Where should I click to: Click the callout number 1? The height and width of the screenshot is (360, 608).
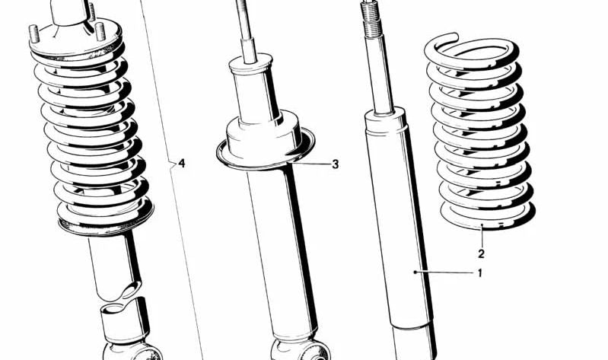(x=480, y=273)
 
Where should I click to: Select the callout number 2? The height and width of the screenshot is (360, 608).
(x=481, y=254)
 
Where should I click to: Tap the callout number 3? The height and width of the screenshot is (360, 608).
(x=335, y=164)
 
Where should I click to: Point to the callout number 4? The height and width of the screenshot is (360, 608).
(x=181, y=164)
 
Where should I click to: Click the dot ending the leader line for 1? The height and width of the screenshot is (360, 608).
(x=415, y=271)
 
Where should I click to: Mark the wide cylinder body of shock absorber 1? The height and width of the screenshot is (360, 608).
(x=399, y=221)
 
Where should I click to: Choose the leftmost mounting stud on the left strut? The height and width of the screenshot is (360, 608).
(x=35, y=34)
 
